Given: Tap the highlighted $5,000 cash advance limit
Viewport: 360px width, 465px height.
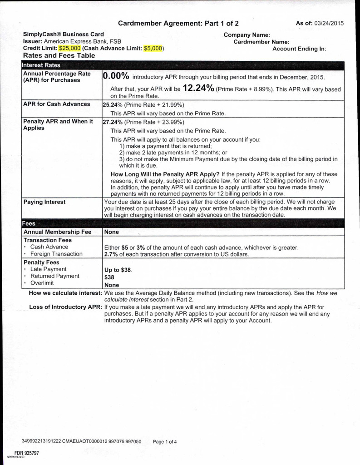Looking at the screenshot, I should point(153,48).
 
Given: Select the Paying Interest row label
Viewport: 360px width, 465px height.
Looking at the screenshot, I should point(44,202).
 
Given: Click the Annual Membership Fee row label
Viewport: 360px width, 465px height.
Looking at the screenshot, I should point(57,232).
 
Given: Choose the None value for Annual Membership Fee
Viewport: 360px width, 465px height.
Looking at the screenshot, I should point(112,232).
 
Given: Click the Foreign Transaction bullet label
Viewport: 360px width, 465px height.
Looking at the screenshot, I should point(56,254).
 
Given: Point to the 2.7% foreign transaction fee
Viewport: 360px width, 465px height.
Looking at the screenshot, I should point(111,254).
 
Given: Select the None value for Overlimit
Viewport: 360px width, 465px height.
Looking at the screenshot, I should point(112,285).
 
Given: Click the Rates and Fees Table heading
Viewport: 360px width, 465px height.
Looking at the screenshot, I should point(59,56).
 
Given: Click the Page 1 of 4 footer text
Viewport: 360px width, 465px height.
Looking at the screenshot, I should point(165,441).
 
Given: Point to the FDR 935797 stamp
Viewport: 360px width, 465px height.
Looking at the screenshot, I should point(26,453).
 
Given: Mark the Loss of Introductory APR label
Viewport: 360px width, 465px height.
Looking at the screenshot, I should point(66,307).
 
